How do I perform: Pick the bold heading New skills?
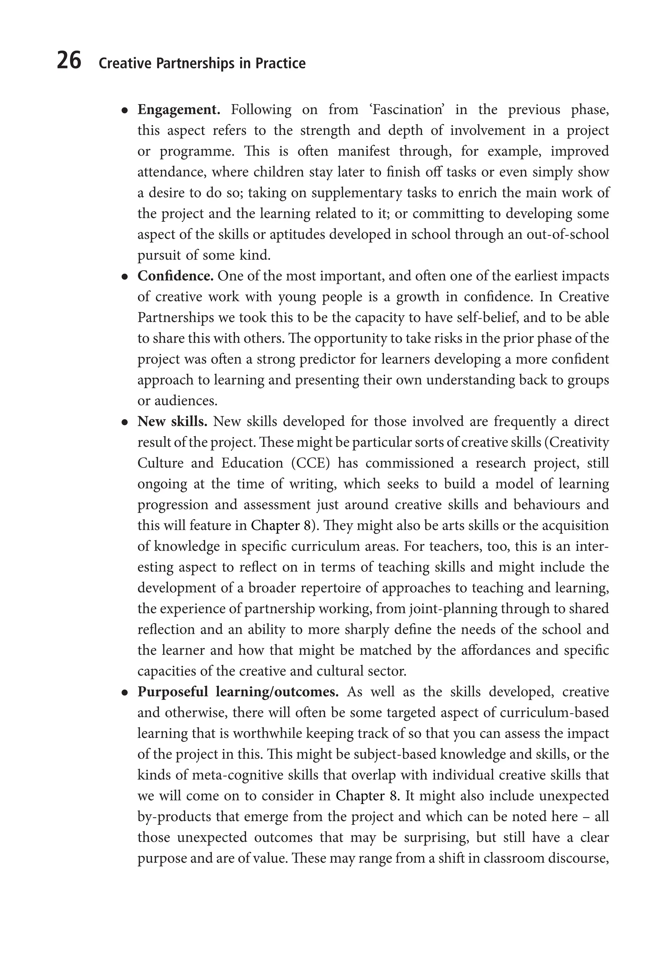click(172, 422)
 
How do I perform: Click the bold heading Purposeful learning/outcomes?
click(238, 692)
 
